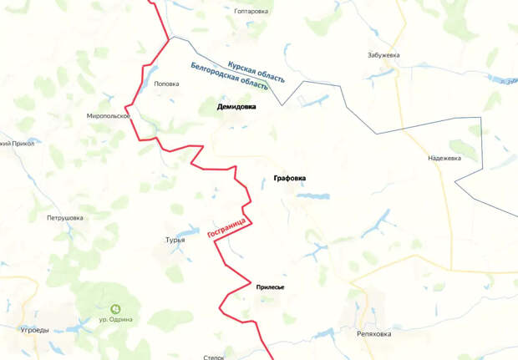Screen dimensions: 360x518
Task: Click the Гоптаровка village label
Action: pyautogui.click(x=251, y=12)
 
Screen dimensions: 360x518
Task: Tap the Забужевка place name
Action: pyautogui.click(x=383, y=55)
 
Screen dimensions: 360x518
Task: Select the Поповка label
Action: pyautogui.click(x=166, y=84)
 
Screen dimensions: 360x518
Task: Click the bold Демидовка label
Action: pyautogui.click(x=236, y=107)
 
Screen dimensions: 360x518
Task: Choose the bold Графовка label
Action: pyautogui.click(x=290, y=178)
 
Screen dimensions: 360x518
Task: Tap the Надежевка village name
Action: pyautogui.click(x=444, y=158)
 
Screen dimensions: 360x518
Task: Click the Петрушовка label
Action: pyautogui.click(x=65, y=218)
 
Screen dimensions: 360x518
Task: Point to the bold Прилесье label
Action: pyautogui.click(x=270, y=287)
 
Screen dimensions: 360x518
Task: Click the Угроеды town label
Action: pyautogui.click(x=34, y=330)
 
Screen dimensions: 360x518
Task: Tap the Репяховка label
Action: pyautogui.click(x=373, y=333)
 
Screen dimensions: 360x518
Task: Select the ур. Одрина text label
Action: pyautogui.click(x=115, y=320)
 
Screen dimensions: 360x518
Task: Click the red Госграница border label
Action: pyautogui.click(x=225, y=225)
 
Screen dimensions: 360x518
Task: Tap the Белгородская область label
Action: pyautogui.click(x=229, y=76)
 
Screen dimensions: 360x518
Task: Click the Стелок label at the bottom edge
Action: pyautogui.click(x=214, y=357)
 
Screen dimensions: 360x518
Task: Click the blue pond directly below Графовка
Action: pyautogui.click(x=312, y=196)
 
